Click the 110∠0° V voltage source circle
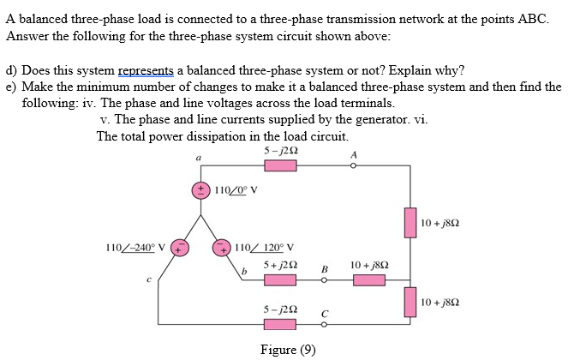pyautogui.click(x=202, y=190)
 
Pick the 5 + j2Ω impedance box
pyautogui.click(x=284, y=279)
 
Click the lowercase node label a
pyautogui.click(x=199, y=159)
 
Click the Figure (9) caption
pyautogui.click(x=289, y=349)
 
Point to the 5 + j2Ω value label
pyautogui.click(x=282, y=264)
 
